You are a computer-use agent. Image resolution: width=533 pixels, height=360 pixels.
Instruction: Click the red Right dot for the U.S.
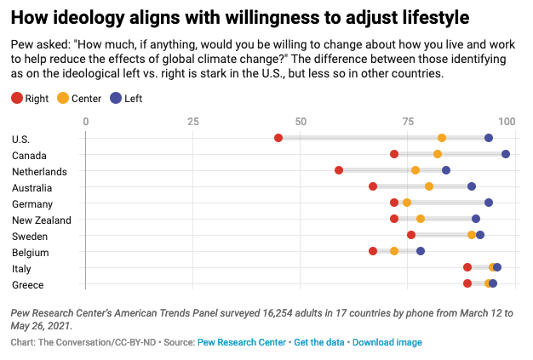pos(278,138)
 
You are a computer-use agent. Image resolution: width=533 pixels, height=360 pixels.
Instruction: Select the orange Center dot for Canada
pos(438,154)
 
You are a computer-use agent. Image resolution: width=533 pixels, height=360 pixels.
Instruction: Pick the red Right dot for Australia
pos(373,186)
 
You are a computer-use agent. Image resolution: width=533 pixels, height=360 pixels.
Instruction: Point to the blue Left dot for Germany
pos(489,203)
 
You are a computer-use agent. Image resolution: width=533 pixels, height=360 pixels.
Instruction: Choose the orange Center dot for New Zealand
pos(421,219)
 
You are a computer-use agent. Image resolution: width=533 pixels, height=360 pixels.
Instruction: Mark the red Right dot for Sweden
pos(411,235)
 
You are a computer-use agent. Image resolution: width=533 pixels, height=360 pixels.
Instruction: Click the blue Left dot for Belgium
pos(421,251)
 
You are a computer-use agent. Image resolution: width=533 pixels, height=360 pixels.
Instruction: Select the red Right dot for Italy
pos(467,267)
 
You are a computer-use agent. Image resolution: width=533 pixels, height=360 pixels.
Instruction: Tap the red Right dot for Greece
pos(467,283)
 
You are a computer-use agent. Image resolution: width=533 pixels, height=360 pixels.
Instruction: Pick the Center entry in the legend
pos(78,98)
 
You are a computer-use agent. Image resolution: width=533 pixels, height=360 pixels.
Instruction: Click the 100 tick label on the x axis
pos(508,122)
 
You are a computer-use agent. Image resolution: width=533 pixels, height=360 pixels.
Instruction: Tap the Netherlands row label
pos(38,171)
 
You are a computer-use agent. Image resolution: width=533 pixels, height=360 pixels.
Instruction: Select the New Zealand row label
pos(42,220)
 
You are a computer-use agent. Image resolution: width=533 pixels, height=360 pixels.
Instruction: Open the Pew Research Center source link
pos(242,342)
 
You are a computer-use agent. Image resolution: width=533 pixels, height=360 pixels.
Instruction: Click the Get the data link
pos(319,342)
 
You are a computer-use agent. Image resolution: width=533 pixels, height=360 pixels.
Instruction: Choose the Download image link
pos(387,342)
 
